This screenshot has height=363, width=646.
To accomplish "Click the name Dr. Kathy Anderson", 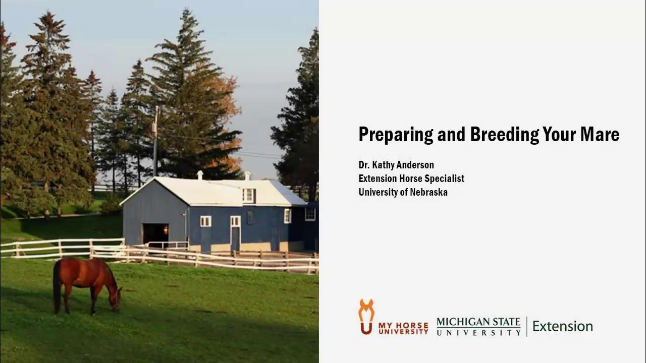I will click(x=396, y=165).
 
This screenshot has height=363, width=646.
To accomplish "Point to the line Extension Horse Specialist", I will click(x=411, y=178).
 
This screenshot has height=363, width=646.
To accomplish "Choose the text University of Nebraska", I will click(x=403, y=192).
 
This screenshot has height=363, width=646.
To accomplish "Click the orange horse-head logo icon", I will click(x=366, y=316).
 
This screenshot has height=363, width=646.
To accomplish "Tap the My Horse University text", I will click(x=403, y=328).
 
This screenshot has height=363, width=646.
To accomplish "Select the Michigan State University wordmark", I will click(x=478, y=326).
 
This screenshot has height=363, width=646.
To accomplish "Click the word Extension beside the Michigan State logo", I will click(x=562, y=326).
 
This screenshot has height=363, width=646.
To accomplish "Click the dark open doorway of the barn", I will click(x=155, y=233).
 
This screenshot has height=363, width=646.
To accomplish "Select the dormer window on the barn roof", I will click(x=248, y=195).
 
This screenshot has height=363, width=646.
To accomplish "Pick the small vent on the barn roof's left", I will click(x=200, y=175).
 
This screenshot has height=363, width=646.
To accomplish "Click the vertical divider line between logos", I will click(x=526, y=326).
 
